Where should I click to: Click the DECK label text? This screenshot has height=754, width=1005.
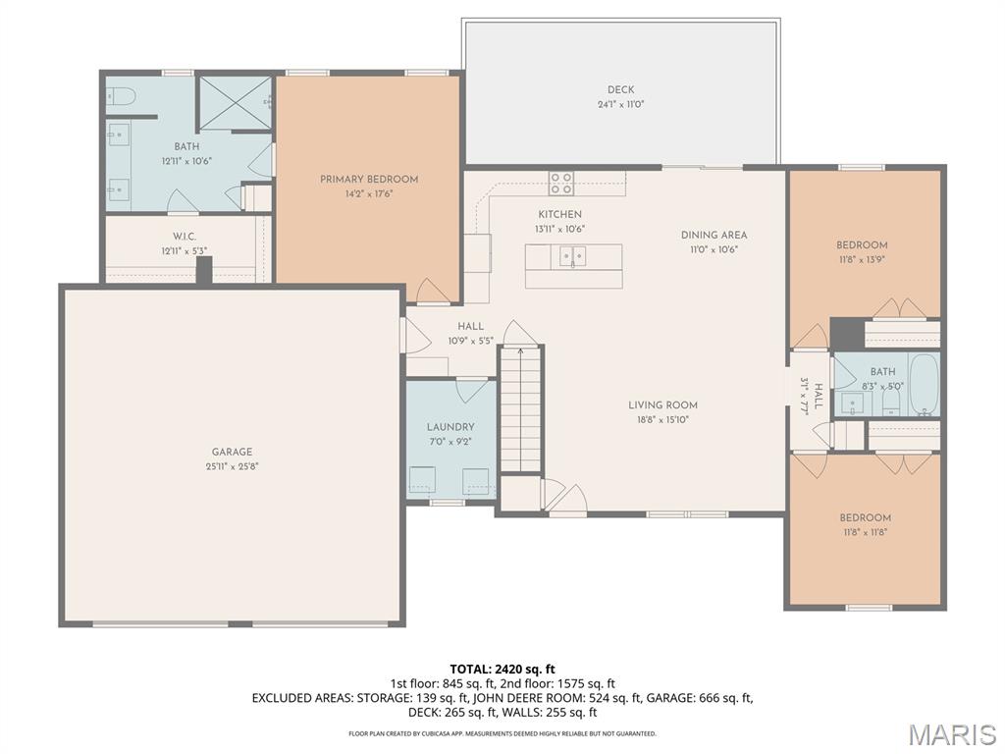point(620,90)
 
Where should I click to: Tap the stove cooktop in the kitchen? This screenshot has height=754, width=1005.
point(561,183)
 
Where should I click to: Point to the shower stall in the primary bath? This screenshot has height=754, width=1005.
point(236,102)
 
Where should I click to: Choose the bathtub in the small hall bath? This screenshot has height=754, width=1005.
point(924,385)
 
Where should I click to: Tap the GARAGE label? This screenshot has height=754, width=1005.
point(232,453)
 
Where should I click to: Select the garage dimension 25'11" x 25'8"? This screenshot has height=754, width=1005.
point(232,466)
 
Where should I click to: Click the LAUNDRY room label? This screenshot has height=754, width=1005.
point(450,427)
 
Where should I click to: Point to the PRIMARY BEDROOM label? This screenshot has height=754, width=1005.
point(369,180)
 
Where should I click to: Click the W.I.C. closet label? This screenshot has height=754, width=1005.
point(185,237)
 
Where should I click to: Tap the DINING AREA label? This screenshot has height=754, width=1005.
point(714,235)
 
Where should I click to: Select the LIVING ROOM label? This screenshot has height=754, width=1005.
point(662,404)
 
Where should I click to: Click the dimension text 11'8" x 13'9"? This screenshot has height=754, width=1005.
point(862,260)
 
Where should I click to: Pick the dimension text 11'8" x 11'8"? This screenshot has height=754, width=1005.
point(865,532)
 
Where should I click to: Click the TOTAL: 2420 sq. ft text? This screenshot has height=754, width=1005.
point(502,669)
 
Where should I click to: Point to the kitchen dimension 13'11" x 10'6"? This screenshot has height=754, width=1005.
point(559,229)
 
